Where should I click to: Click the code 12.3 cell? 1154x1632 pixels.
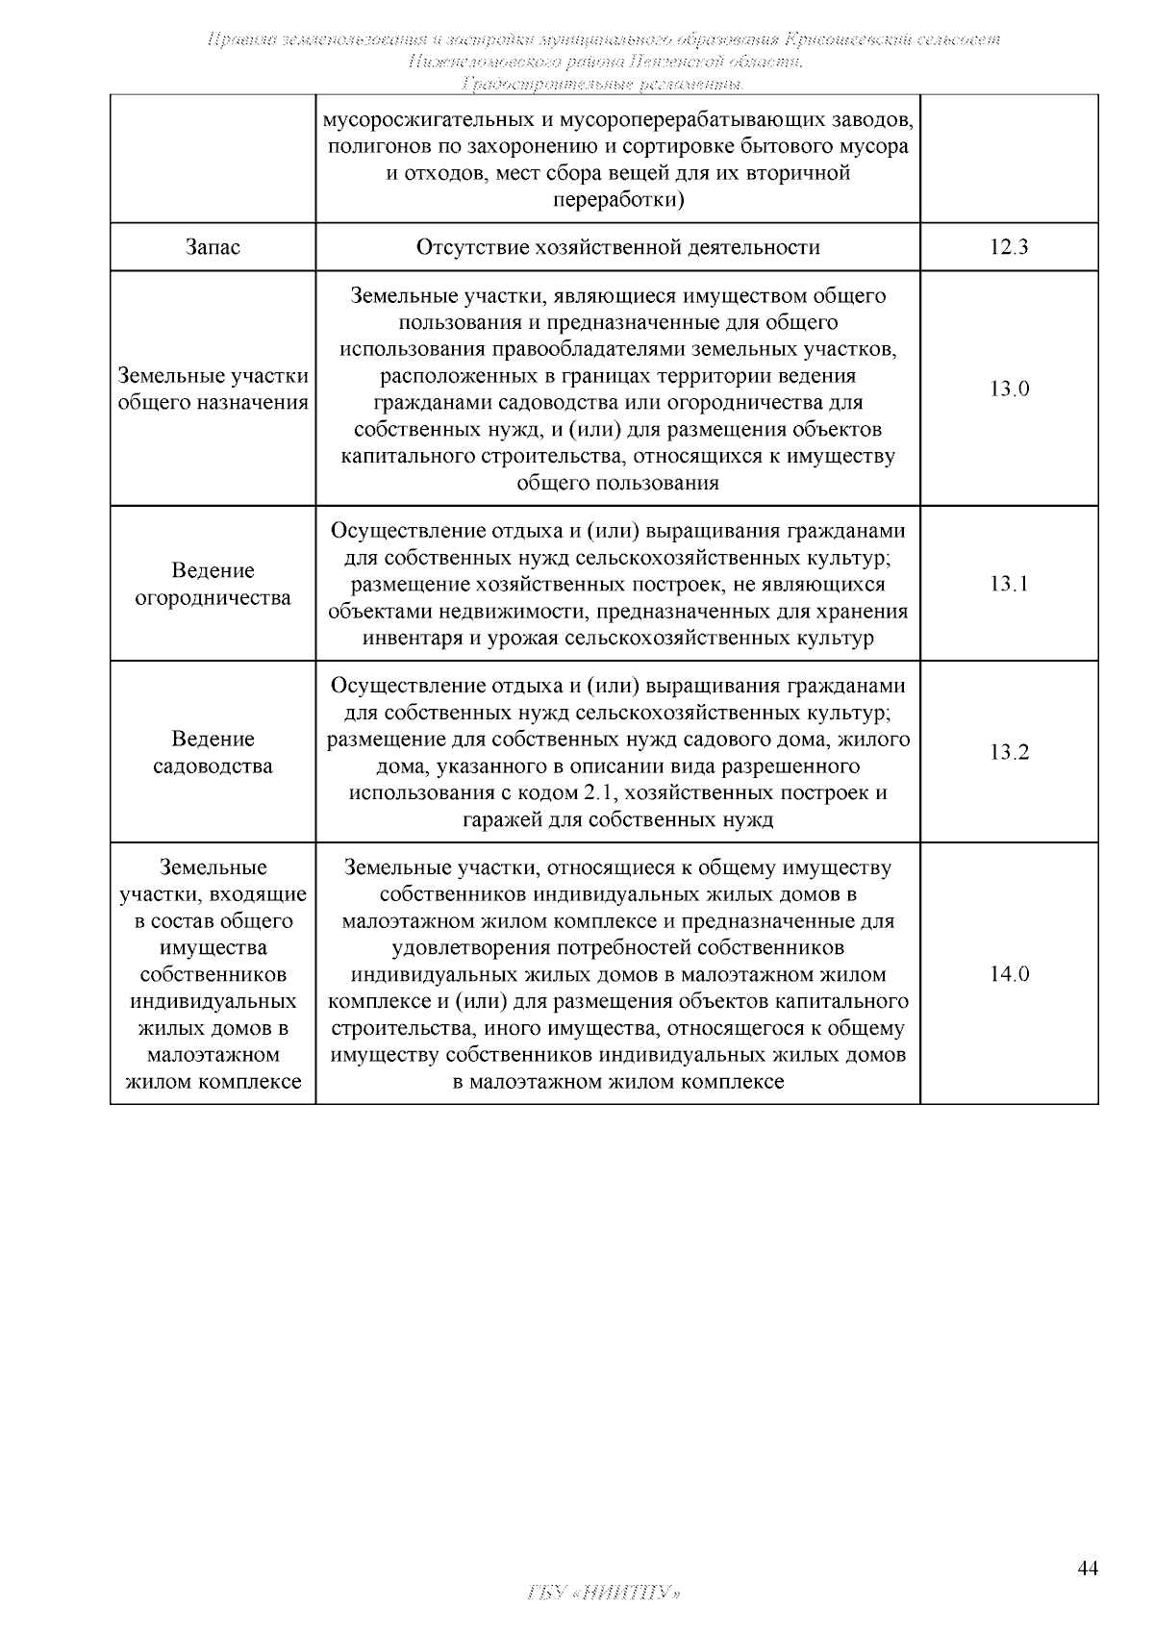point(1009,247)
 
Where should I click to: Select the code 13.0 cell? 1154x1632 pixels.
point(1009,389)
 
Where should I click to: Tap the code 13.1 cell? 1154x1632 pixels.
point(1009,584)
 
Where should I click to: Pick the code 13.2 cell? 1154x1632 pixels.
point(1009,752)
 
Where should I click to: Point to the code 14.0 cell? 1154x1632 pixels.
point(1009,974)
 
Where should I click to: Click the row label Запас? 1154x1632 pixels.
point(213,247)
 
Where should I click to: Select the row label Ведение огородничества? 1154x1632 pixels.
point(213,584)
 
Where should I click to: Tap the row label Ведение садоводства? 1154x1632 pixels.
point(213,752)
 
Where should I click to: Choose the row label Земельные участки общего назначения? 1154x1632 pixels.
point(213,389)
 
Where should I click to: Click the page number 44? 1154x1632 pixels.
point(1087,1569)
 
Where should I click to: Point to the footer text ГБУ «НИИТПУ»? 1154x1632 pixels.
point(605,1594)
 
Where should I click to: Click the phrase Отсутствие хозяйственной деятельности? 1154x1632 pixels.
point(617,247)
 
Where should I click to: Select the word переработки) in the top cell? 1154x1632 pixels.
point(617,200)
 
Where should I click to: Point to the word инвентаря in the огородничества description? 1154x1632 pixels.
point(411,638)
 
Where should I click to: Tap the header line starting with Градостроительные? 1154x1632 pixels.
point(603,85)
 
